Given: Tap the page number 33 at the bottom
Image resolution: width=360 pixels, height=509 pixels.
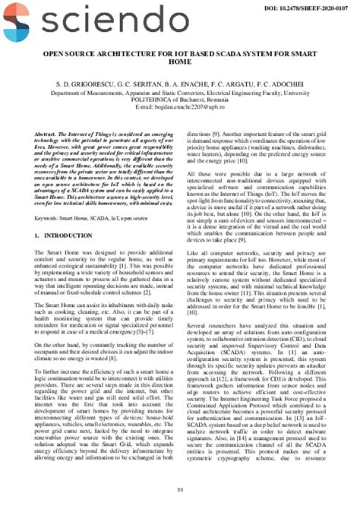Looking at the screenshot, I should pyautogui.click(x=179, y=488).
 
